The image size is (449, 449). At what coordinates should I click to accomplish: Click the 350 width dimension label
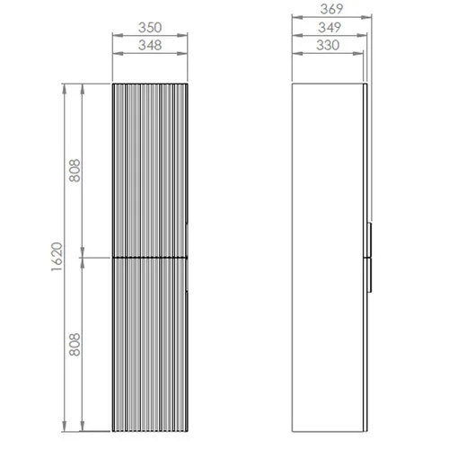click(150, 28)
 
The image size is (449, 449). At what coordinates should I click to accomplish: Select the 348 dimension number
click(150, 45)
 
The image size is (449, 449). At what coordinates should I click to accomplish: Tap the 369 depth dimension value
click(331, 9)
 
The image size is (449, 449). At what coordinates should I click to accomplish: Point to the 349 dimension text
click(330, 28)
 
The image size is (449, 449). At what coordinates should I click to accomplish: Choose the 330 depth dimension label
click(328, 45)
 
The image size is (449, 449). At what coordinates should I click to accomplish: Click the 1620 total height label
click(57, 257)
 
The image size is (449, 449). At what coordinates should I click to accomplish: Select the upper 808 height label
click(75, 171)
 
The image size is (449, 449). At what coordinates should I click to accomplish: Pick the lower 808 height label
click(75, 345)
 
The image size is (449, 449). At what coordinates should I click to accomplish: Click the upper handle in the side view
click(370, 240)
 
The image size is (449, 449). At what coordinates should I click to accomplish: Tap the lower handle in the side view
click(370, 275)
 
